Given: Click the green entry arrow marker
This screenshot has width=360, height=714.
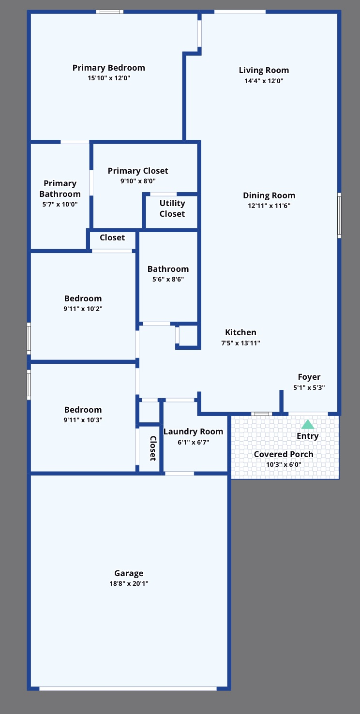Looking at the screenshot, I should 308,425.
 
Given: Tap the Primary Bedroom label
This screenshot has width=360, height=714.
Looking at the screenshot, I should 108,68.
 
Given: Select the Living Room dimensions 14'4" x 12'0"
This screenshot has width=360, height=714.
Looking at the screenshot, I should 264,81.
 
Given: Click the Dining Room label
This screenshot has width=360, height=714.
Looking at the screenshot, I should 269,195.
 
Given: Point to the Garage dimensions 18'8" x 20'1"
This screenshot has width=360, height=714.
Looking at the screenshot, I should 129,583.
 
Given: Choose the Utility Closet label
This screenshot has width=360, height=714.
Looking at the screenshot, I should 172,208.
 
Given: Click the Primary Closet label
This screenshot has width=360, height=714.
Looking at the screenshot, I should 138,171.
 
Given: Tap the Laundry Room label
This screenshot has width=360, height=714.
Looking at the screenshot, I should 193,431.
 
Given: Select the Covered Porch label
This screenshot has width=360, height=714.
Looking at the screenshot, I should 284,454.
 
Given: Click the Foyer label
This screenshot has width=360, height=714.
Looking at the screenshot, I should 309,377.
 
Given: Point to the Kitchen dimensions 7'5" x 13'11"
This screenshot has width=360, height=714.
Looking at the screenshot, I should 240,343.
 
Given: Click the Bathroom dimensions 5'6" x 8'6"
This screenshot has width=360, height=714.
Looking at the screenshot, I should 168,279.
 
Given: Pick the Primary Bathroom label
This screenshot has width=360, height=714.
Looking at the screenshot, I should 60,189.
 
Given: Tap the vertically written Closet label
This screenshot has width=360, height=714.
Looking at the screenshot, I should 152,448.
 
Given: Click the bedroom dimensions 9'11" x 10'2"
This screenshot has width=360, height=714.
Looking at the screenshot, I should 83,309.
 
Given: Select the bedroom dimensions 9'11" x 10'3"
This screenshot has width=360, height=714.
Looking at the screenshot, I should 83,420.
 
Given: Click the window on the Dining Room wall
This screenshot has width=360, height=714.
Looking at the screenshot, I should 339,215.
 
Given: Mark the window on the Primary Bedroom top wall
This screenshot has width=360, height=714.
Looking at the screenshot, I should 109,12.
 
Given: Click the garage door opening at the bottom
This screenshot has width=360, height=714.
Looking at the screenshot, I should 128,688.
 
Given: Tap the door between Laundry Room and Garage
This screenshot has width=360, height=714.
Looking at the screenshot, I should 179,473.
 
